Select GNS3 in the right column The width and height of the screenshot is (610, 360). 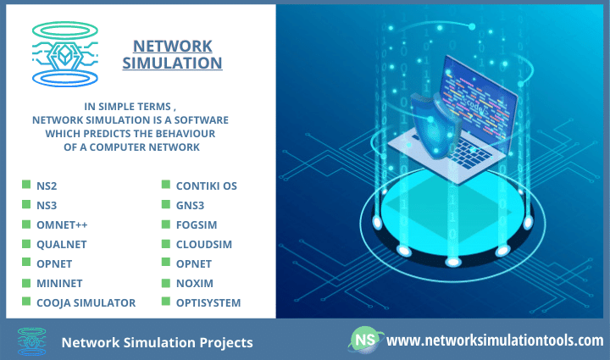[x=191, y=204]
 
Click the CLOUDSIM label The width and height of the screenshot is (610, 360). [x=204, y=244]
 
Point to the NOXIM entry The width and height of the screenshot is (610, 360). [x=193, y=283]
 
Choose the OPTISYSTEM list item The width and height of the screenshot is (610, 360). [x=208, y=302]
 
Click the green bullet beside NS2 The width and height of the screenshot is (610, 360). [x=25, y=185]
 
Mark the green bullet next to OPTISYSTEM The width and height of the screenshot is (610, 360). [x=165, y=302]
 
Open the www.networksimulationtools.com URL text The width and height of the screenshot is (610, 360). [x=495, y=341]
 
